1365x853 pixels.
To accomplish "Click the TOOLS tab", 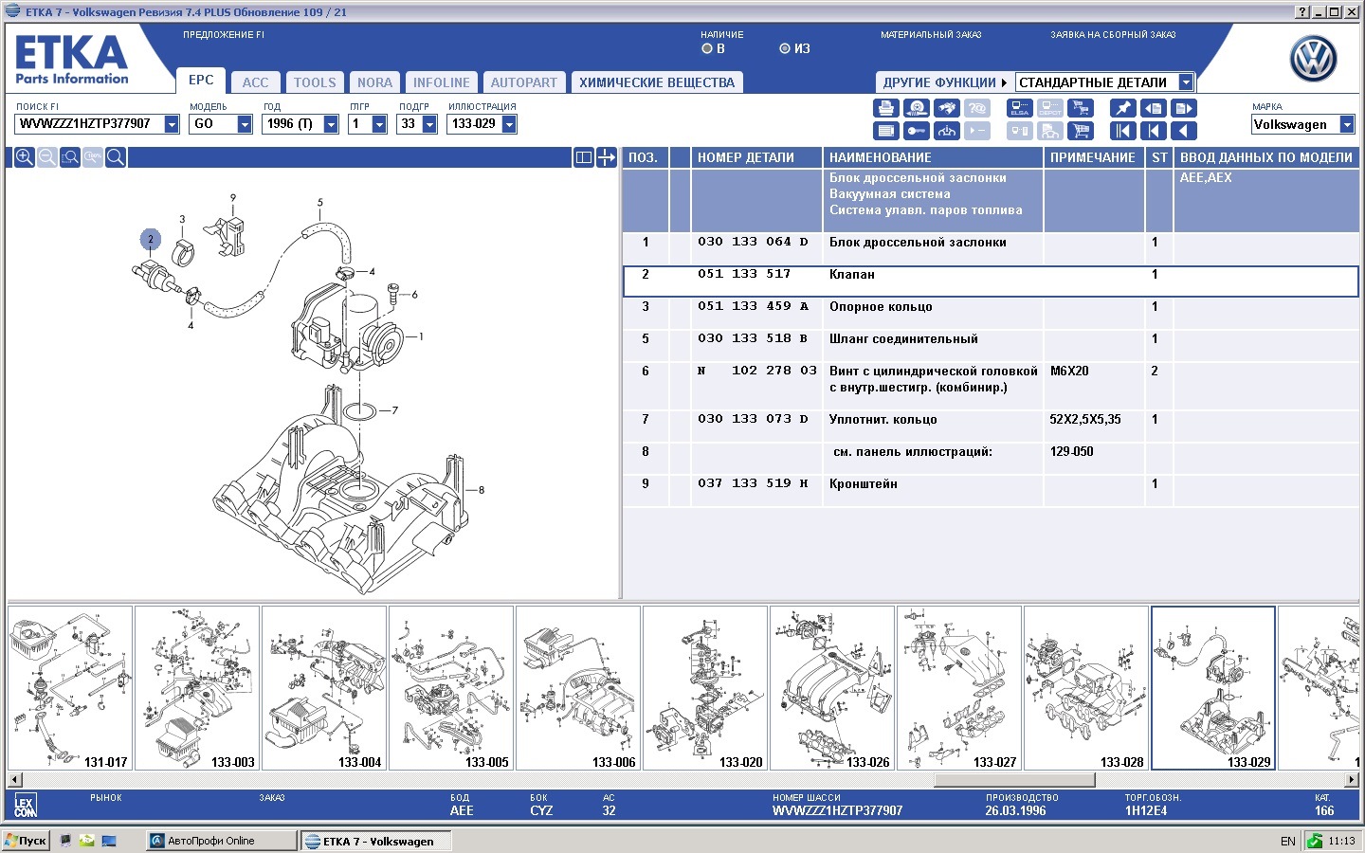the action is click(x=315, y=82).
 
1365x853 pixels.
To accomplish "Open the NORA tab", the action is click(x=374, y=82).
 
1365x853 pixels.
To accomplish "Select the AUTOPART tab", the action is click(x=523, y=82).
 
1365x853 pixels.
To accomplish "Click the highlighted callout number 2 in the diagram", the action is click(x=151, y=239).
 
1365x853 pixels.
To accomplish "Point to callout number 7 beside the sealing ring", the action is click(x=395, y=410).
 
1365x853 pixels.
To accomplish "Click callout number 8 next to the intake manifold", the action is click(x=481, y=489).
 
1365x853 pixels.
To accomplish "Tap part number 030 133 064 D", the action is click(x=753, y=242).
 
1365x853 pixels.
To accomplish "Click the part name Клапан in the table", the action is click(x=851, y=274).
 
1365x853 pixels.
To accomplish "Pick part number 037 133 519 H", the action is click(x=753, y=483).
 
